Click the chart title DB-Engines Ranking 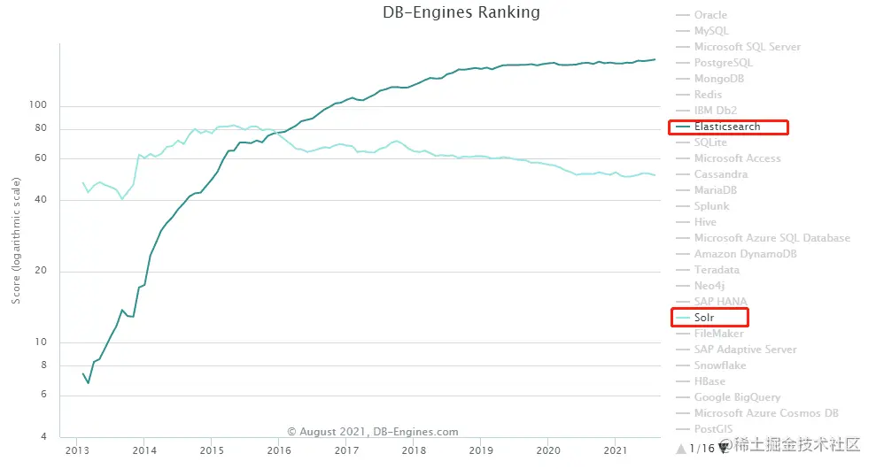(461, 12)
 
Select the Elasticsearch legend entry (726, 127)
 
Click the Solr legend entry (704, 318)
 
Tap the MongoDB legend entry (719, 79)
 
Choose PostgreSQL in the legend (723, 63)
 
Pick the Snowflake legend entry (720, 365)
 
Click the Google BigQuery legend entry (736, 397)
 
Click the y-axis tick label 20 (40, 271)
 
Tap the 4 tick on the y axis (43, 437)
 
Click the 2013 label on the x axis (77, 450)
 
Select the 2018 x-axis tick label (414, 450)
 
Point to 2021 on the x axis (616, 450)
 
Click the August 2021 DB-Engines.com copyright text (373, 432)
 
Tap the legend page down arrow (723, 448)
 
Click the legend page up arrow (680, 449)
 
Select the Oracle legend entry (710, 15)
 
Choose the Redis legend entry (708, 95)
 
